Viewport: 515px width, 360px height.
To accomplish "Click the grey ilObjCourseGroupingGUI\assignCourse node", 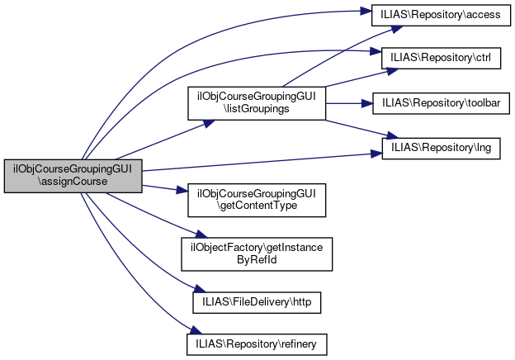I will click(x=73, y=175).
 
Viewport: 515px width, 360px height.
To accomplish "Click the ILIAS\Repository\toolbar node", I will click(x=441, y=103).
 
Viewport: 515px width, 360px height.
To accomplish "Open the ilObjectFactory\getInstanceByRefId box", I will click(x=257, y=253).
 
